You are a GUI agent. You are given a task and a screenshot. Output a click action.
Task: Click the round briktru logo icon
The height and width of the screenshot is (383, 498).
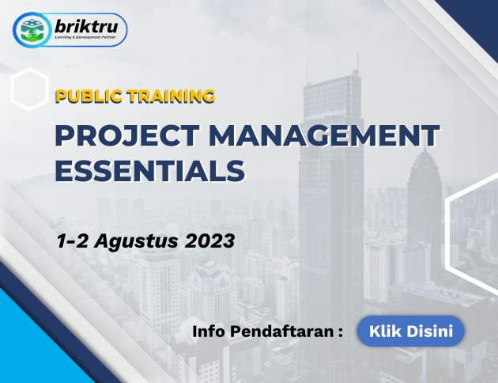coord(32,30)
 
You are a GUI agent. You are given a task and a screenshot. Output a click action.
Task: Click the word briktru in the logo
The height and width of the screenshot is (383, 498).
coord(86,27)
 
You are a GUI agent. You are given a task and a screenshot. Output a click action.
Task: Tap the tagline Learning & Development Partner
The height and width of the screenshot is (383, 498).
coord(85,37)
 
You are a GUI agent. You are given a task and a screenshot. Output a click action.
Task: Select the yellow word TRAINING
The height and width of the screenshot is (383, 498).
coord(171,97)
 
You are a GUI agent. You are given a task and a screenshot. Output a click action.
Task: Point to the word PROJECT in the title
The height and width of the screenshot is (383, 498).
coord(127,135)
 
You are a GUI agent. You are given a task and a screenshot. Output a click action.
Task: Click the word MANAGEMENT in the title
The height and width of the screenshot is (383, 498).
coord(324,135)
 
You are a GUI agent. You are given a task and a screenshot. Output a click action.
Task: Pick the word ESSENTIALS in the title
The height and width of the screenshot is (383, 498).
coord(150,171)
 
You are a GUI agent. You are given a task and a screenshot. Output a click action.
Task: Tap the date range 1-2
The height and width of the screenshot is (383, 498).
coord(73,241)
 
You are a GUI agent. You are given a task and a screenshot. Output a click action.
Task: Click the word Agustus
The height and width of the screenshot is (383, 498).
coord(136,241)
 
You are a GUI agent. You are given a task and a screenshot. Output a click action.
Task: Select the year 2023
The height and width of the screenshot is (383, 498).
coord(210,241)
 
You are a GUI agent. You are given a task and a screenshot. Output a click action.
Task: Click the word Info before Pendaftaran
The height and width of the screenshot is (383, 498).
coord(209,332)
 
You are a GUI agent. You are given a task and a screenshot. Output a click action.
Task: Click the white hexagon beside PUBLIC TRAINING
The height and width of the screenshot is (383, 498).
coord(29,89)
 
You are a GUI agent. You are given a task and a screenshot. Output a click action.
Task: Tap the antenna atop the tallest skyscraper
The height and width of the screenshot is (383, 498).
coord(357,63)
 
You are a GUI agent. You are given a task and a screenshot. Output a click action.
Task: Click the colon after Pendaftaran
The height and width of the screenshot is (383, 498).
coord(341,332)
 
